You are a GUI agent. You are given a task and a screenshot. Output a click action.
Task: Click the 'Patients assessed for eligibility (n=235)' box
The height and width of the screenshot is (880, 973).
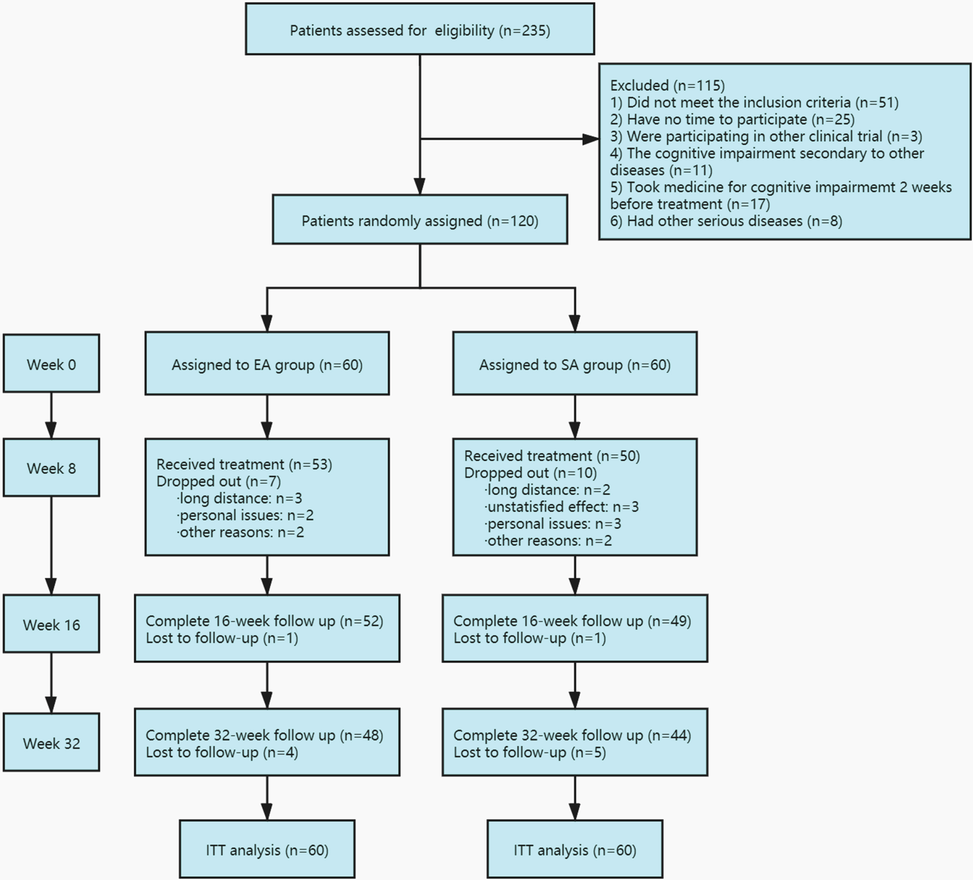(420, 29)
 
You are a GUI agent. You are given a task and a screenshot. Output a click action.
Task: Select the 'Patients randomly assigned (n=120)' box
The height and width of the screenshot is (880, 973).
(420, 220)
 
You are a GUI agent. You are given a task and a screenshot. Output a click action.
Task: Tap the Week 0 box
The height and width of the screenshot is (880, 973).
(52, 363)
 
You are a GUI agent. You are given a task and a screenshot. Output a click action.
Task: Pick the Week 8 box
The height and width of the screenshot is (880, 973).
(52, 467)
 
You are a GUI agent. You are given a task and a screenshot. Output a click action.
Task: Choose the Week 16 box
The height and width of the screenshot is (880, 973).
(52, 624)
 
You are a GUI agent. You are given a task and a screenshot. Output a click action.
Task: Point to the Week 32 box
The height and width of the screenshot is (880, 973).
(52, 742)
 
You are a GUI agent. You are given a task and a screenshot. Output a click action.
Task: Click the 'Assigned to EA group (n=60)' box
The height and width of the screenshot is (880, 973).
(267, 363)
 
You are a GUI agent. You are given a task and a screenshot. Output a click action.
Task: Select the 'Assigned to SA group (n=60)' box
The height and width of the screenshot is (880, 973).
(575, 363)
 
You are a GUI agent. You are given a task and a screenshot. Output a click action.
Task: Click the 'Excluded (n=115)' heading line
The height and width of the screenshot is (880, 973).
(668, 85)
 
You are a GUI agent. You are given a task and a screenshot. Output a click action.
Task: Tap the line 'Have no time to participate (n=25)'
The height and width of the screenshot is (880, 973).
(732, 119)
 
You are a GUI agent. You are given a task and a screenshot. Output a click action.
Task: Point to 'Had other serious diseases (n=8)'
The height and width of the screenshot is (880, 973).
(726, 221)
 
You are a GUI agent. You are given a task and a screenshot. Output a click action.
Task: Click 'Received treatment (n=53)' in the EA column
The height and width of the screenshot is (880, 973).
(244, 464)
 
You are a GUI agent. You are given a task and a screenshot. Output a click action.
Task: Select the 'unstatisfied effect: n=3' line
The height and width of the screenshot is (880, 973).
(562, 507)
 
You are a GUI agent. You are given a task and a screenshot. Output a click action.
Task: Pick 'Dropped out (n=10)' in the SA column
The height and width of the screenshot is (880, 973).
(530, 473)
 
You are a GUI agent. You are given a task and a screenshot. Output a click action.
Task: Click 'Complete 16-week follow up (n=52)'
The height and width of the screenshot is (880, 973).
(264, 621)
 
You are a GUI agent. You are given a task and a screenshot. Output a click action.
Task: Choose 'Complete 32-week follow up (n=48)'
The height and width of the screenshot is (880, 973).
(264, 735)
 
